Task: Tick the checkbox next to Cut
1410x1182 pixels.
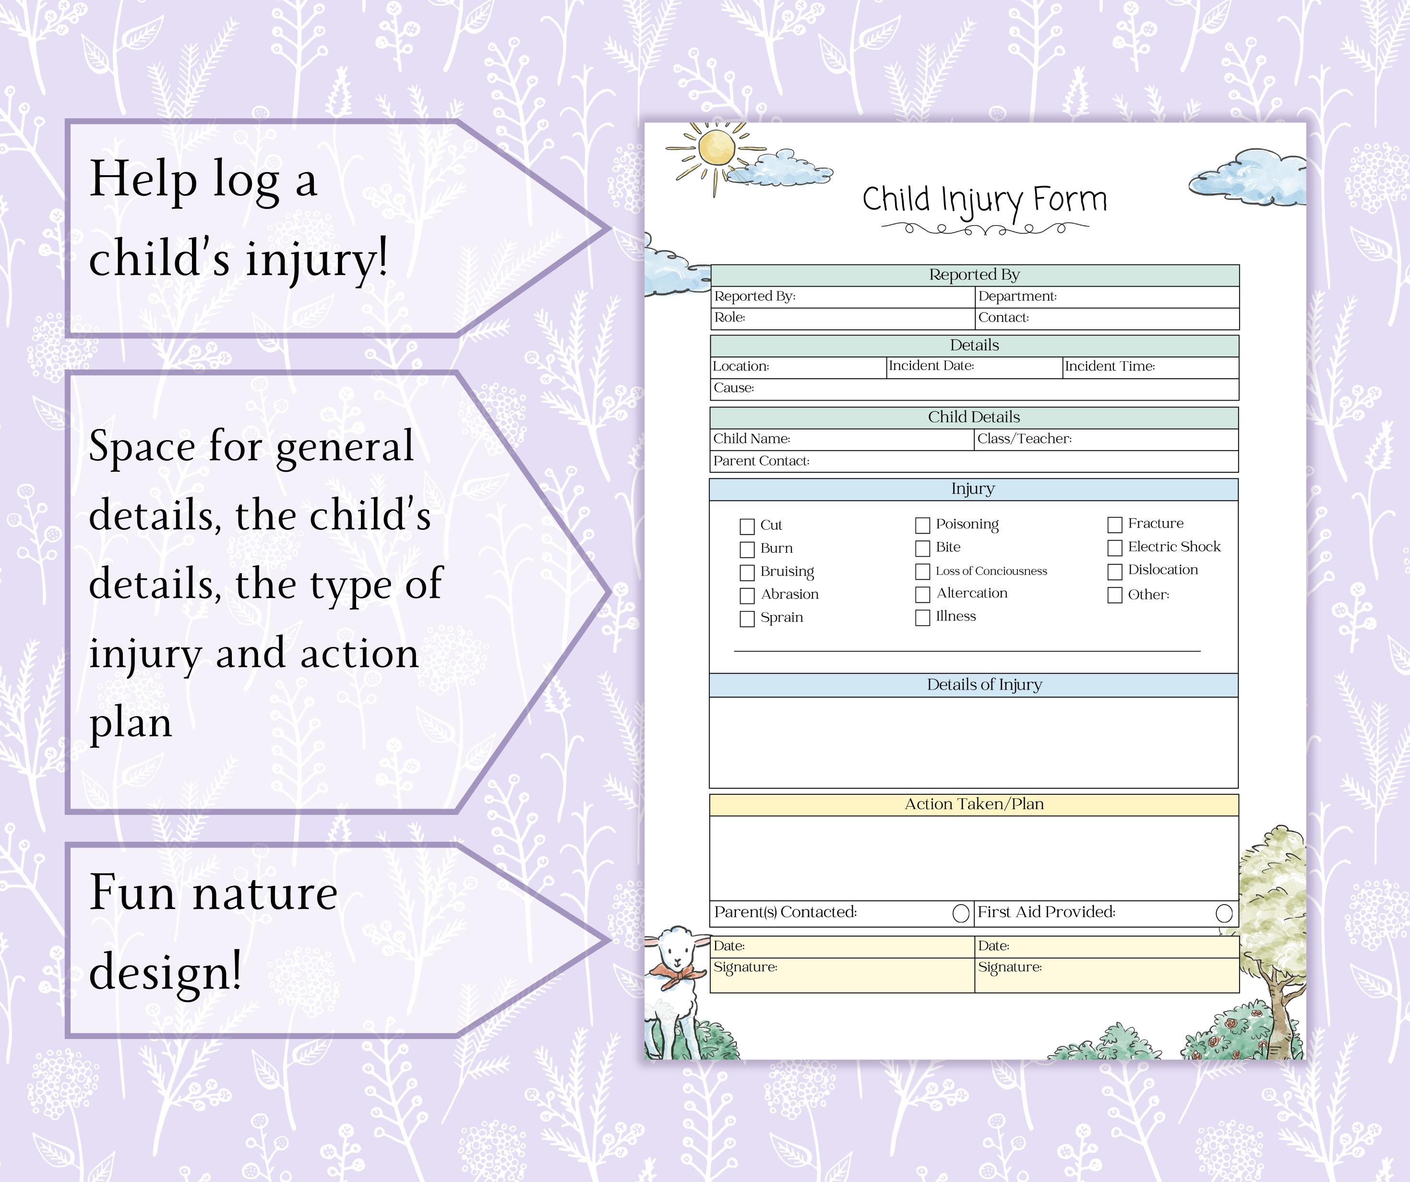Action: (747, 526)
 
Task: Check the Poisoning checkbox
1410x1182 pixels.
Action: (922, 525)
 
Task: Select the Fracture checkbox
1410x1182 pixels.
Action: (1114, 525)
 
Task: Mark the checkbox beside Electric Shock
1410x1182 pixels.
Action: (1114, 548)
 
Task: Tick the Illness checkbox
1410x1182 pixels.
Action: (922, 618)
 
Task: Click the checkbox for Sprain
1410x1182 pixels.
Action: (747, 619)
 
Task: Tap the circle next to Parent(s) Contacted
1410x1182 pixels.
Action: (961, 913)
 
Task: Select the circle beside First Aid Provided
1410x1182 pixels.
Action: (1224, 913)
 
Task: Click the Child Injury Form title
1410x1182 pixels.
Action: (984, 200)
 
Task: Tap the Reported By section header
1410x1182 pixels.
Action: (974, 275)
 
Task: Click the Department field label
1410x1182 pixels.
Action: (1017, 296)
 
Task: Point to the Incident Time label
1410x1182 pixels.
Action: (1109, 366)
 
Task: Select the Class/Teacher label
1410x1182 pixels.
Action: (1024, 439)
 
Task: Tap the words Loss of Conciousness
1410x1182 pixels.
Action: (991, 571)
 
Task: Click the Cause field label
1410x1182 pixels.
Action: (733, 387)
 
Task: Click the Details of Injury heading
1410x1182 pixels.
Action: (984, 685)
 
